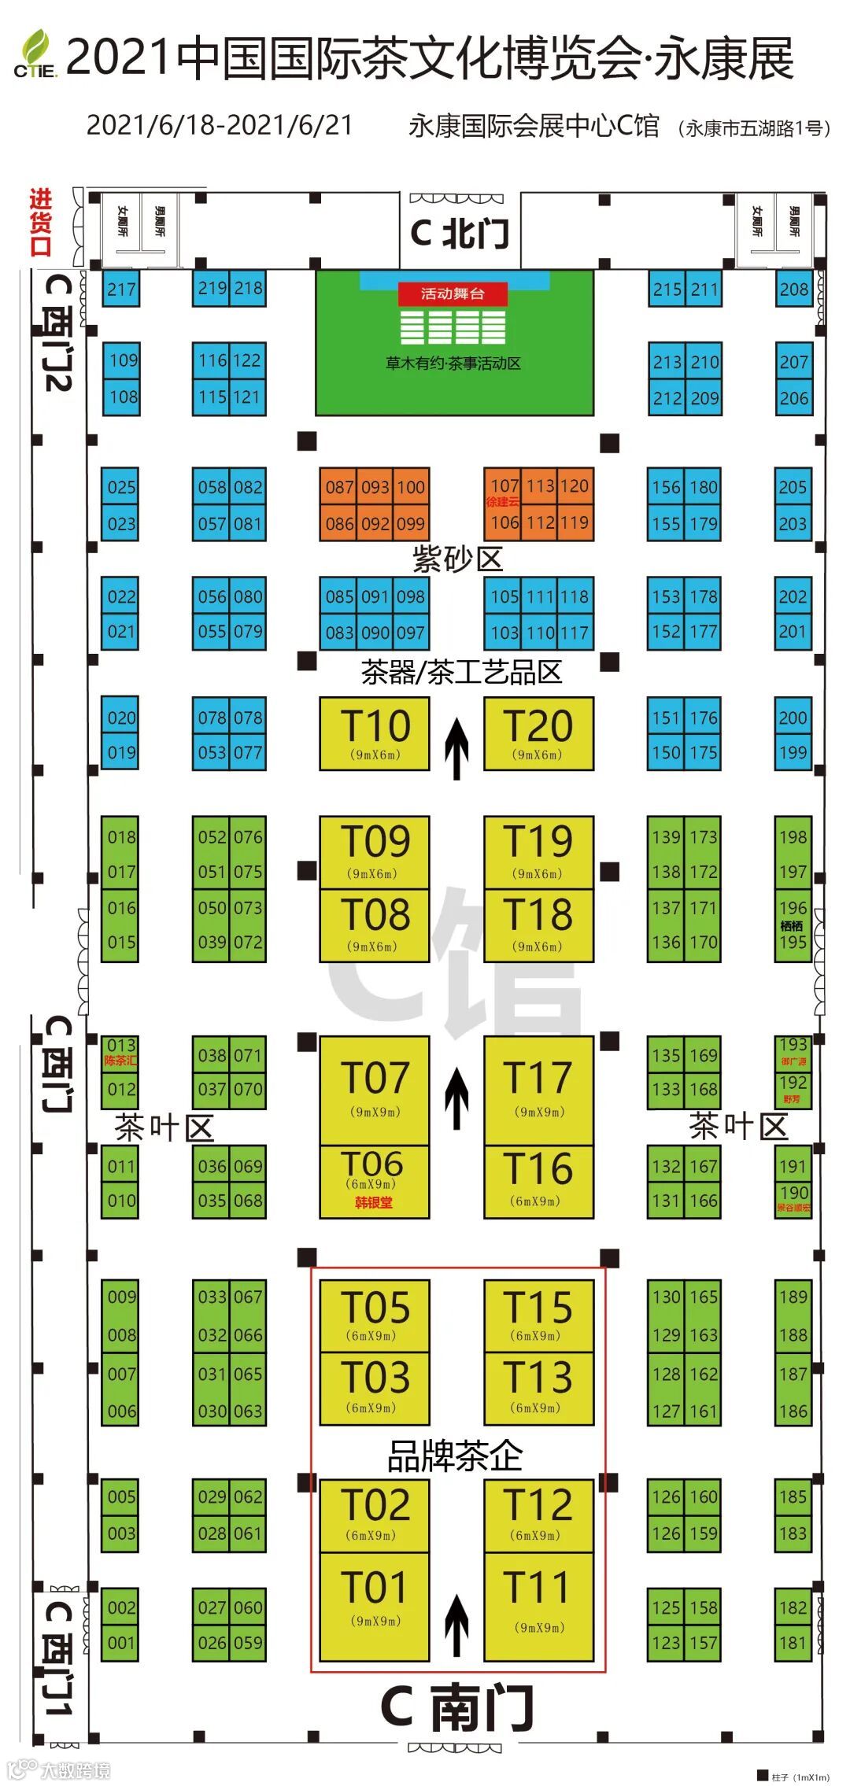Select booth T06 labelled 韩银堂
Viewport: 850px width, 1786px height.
pyautogui.click(x=375, y=1181)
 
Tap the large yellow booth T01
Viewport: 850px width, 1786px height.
pyautogui.click(x=375, y=1604)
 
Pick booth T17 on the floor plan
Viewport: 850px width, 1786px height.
pyautogui.click(x=539, y=1089)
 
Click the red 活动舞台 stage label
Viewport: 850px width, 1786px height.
pyautogui.click(x=453, y=294)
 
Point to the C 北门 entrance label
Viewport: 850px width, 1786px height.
pyautogui.click(x=460, y=234)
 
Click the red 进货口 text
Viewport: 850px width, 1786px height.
pyautogui.click(x=41, y=223)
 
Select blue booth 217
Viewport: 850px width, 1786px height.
pyautogui.click(x=121, y=289)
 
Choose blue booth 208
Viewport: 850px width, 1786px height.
pyautogui.click(x=793, y=289)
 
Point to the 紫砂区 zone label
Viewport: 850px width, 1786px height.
pyautogui.click(x=457, y=559)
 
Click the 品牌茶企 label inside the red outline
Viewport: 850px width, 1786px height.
pyautogui.click(x=455, y=1456)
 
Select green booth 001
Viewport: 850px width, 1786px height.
pyautogui.click(x=120, y=1642)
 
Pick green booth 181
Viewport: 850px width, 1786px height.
pyautogui.click(x=793, y=1642)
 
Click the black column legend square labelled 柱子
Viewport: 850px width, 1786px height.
pyautogui.click(x=762, y=1775)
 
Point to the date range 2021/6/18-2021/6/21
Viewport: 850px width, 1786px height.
pyautogui.click(x=220, y=125)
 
